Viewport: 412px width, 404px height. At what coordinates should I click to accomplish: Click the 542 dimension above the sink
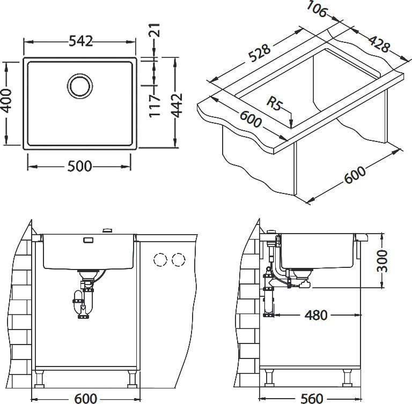pyautogui.click(x=79, y=41)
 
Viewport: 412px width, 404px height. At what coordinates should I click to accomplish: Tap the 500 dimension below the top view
pyautogui.click(x=79, y=166)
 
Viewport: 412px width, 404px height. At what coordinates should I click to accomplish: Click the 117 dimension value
pyautogui.click(x=154, y=106)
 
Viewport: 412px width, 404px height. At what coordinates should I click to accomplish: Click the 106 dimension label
pyautogui.click(x=317, y=10)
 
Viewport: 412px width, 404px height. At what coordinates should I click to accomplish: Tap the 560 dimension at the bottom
pyautogui.click(x=312, y=398)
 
